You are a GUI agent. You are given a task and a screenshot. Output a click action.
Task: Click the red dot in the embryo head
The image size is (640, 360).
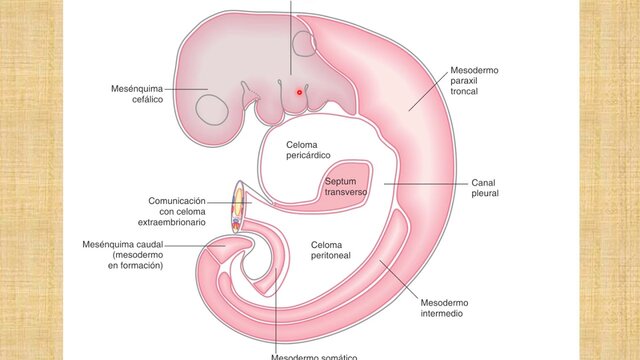tap(299, 91)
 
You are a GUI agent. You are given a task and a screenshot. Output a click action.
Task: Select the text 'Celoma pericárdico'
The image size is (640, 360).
tap(302, 150)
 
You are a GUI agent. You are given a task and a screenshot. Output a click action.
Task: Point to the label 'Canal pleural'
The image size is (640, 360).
tap(484, 188)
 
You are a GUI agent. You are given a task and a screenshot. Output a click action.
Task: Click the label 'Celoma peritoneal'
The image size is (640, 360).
tap(334, 250)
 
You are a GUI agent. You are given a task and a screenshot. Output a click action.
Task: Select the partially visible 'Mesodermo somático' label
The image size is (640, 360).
tap(314, 356)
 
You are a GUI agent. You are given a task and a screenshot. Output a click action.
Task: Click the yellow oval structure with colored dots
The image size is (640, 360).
tap(238, 208)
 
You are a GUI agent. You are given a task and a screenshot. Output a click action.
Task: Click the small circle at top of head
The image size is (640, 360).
tap(306, 44)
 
